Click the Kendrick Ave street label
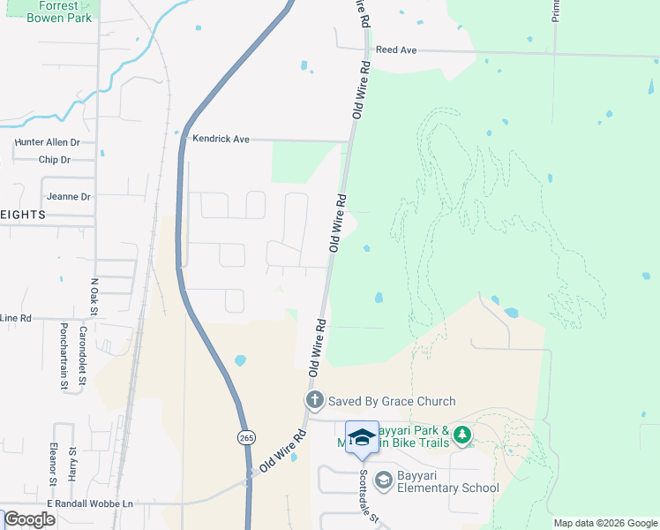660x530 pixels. pos(221,140)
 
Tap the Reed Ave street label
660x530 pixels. pos(395,50)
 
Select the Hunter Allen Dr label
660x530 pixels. pos(48,141)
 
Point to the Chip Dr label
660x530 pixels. pos(55,160)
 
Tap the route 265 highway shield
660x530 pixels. pos(244,437)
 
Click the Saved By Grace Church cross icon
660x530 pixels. pos(313,401)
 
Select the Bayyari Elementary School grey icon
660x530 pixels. pos(383,480)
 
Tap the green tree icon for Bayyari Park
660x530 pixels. pos(462,435)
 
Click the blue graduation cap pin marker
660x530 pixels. pos(362,438)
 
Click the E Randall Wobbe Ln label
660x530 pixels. pos(90,503)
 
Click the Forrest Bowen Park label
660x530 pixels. pos(58,11)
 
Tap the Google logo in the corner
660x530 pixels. pos(29,519)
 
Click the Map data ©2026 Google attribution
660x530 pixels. pos(605,523)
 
